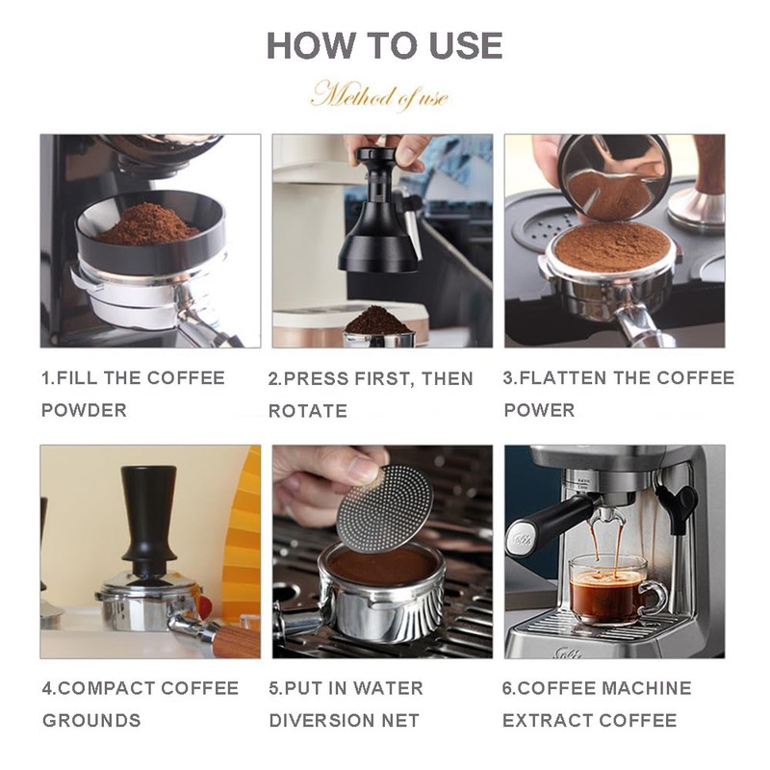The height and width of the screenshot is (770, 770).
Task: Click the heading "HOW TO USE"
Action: [x=384, y=45]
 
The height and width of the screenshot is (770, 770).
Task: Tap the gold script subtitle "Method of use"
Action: [x=380, y=95]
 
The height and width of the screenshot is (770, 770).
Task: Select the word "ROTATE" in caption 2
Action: [x=307, y=411]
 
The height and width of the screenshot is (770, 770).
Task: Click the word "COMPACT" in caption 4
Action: [x=107, y=688]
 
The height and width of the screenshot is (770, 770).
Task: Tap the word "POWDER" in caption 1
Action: [x=85, y=411]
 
